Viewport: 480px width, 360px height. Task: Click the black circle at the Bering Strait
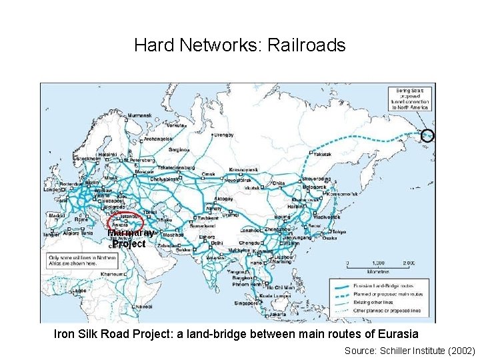(427, 135)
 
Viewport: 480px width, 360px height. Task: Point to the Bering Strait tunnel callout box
(411, 99)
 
